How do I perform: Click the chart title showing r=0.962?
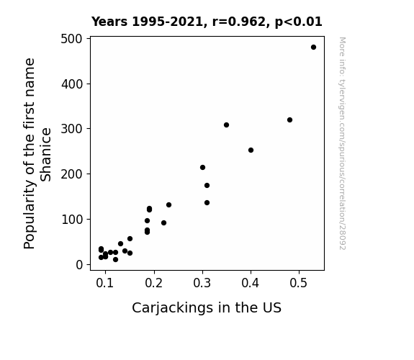click(207, 22)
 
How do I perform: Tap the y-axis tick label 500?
click(72, 39)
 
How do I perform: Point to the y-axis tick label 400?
click(72, 84)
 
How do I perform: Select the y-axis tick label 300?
click(72, 129)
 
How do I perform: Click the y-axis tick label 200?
click(72, 174)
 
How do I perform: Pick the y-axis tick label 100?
click(72, 220)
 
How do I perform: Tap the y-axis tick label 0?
click(79, 265)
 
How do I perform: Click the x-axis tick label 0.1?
click(105, 283)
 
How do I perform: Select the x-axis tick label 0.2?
click(153, 283)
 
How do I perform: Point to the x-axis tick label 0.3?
click(202, 283)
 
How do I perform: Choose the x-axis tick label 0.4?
click(251, 283)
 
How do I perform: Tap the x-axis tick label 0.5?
click(299, 283)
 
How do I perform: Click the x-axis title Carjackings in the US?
click(207, 307)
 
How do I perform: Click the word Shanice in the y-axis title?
click(45, 155)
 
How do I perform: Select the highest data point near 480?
click(313, 48)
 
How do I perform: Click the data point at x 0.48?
click(289, 120)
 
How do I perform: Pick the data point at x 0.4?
click(251, 150)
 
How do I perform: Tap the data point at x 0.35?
click(226, 125)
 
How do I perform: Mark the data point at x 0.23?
click(168, 204)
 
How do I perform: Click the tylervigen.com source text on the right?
click(343, 143)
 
